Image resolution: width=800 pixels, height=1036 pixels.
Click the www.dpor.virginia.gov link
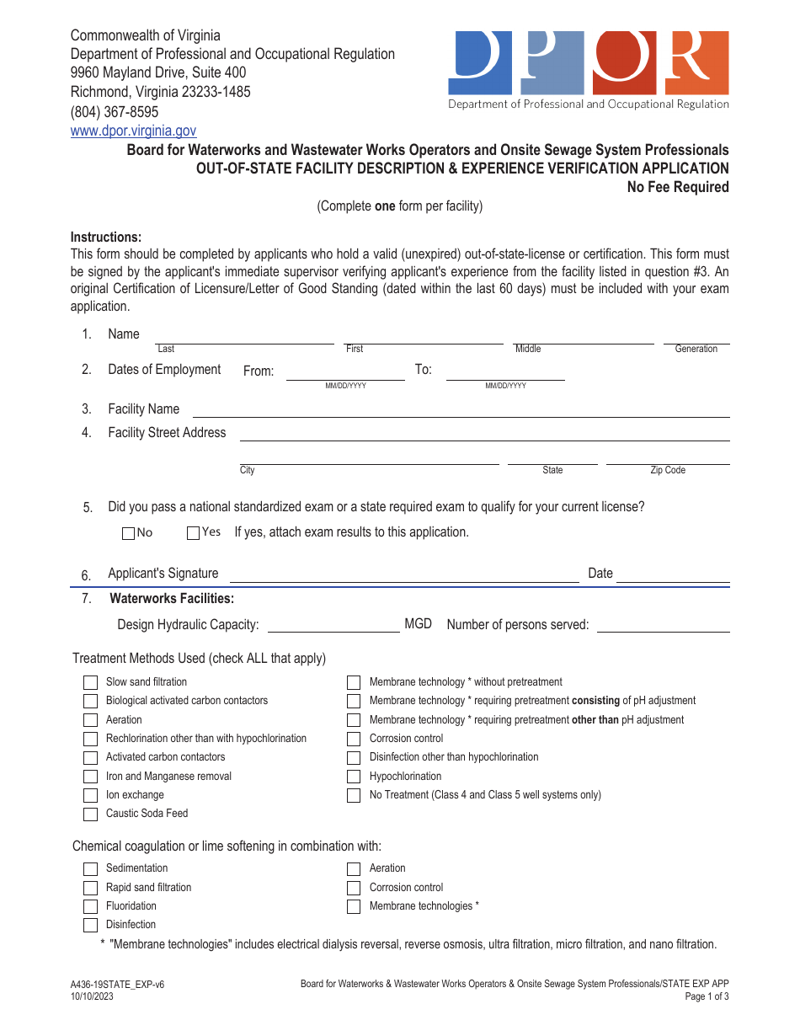click(133, 131)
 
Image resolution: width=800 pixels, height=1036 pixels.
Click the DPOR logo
click(588, 70)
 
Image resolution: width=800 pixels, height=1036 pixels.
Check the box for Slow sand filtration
click(90, 682)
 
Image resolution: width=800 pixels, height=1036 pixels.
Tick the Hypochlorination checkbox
click(354, 777)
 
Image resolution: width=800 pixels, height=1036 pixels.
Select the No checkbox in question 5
click(128, 533)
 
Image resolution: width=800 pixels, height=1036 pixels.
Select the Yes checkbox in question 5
click(193, 532)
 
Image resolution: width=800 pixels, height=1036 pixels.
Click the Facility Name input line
click(461, 409)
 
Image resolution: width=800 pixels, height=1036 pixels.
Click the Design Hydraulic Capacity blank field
click(333, 624)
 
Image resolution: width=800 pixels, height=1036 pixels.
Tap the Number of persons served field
click(663, 624)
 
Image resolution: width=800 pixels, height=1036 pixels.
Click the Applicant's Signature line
click(404, 574)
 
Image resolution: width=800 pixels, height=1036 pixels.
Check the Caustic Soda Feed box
click(90, 814)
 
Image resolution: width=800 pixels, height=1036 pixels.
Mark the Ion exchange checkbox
click(90, 795)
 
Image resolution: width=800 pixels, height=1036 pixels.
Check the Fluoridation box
click(90, 907)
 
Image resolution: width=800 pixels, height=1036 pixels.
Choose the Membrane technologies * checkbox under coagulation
click(354, 907)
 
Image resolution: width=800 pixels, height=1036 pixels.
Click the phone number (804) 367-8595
click(114, 112)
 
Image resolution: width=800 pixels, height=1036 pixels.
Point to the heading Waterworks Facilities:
click(172, 599)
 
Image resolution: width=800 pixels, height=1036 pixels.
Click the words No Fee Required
click(677, 187)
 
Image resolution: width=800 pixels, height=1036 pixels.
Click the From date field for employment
click(345, 371)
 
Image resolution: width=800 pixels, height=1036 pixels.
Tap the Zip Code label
click(668, 470)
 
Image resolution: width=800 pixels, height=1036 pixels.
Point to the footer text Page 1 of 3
click(707, 996)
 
